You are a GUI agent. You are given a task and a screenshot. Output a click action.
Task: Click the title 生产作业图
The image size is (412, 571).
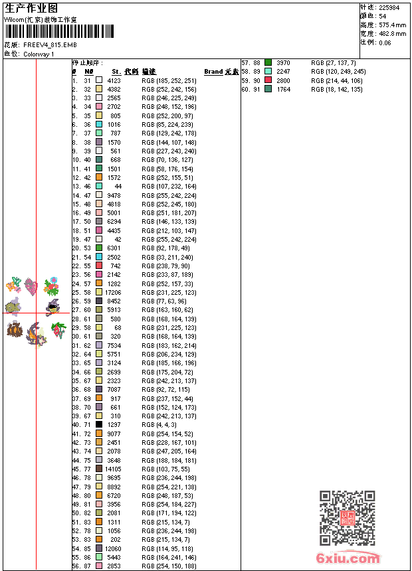pyautogui.click(x=31, y=8)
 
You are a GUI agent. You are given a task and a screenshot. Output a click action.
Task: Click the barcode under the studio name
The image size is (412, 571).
pyautogui.click(x=59, y=32)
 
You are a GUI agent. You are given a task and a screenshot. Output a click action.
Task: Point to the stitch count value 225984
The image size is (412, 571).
pyautogui.click(x=389, y=7)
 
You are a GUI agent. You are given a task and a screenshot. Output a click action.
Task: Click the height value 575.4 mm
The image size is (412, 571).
pyautogui.click(x=392, y=25)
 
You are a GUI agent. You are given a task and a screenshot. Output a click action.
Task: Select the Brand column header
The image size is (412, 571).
pyautogui.click(x=213, y=72)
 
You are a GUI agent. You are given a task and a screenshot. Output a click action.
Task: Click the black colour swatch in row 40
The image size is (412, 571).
pyautogui.click(x=99, y=424)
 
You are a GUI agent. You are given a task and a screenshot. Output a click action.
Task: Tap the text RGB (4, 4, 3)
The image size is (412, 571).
pyautogui.click(x=159, y=424)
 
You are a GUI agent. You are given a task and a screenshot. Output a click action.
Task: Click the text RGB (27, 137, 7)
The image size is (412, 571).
pyautogui.click(x=333, y=62)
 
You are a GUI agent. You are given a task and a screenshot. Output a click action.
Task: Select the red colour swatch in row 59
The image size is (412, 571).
pyautogui.click(x=268, y=80)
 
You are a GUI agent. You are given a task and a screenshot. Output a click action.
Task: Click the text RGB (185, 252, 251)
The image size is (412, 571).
pyautogui.click(x=169, y=80)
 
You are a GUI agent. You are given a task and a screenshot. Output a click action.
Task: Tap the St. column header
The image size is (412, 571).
pyautogui.click(x=116, y=72)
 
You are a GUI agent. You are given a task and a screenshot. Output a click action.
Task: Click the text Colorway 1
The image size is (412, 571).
pyautogui.click(x=39, y=54)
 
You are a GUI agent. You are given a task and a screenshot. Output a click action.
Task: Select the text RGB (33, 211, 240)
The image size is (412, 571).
pyautogui.click(x=167, y=257)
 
